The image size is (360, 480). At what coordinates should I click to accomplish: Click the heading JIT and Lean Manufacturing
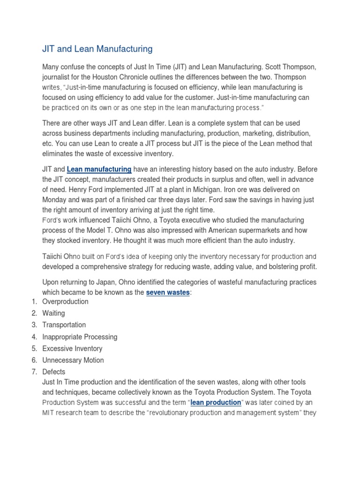click(x=97, y=48)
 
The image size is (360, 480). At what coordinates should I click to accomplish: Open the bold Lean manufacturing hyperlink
click(x=99, y=169)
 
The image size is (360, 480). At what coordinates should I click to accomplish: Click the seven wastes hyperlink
click(x=168, y=292)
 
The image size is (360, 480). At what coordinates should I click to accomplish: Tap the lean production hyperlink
click(x=216, y=402)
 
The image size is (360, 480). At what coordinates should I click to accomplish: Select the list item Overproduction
click(x=65, y=301)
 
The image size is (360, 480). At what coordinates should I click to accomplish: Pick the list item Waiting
click(x=53, y=313)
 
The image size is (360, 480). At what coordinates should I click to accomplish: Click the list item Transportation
click(x=64, y=325)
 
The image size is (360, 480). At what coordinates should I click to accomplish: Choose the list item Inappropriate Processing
click(x=80, y=337)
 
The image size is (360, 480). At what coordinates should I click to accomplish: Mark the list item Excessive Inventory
click(x=72, y=348)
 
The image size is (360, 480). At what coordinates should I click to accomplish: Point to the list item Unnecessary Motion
click(x=73, y=360)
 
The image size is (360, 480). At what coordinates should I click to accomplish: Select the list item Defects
click(x=54, y=372)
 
